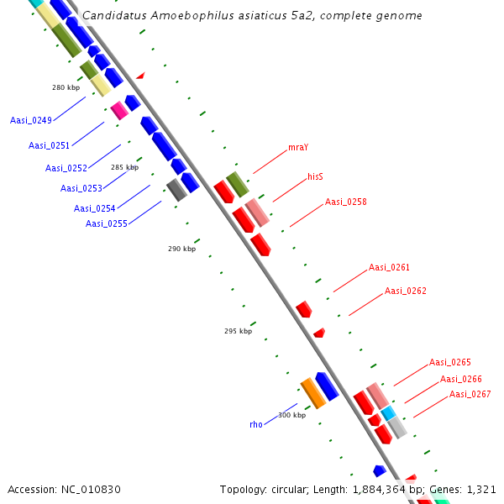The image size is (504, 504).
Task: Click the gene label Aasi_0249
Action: pyautogui.click(x=31, y=120)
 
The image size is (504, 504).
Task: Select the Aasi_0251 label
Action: pyautogui.click(x=49, y=145)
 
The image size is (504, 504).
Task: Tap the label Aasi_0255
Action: pyautogui.click(x=107, y=223)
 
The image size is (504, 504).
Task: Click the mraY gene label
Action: pyautogui.click(x=298, y=147)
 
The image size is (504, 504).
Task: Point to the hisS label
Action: pyautogui.click(x=316, y=177)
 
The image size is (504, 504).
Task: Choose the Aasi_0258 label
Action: pyautogui.click(x=346, y=202)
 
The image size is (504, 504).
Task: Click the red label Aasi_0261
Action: pyautogui.click(x=389, y=267)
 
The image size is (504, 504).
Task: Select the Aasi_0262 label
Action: pyautogui.click(x=406, y=291)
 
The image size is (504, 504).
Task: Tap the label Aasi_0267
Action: pyautogui.click(x=470, y=394)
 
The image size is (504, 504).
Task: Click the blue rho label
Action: pyautogui.click(x=256, y=424)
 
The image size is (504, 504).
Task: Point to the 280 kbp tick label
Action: pyautogui.click(x=66, y=87)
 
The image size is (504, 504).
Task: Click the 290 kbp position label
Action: pyautogui.click(x=181, y=249)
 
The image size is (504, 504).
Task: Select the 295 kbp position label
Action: pyautogui.click(x=238, y=331)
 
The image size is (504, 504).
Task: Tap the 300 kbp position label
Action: pyautogui.click(x=292, y=415)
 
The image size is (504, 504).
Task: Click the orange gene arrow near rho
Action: pyautogui.click(x=312, y=393)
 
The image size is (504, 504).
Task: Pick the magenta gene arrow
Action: pyautogui.click(x=119, y=110)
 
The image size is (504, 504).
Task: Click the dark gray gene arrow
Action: pyautogui.click(x=176, y=190)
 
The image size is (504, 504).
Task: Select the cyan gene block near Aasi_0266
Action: pyautogui.click(x=388, y=413)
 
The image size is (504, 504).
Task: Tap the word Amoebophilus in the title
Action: pyautogui.click(x=192, y=16)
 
